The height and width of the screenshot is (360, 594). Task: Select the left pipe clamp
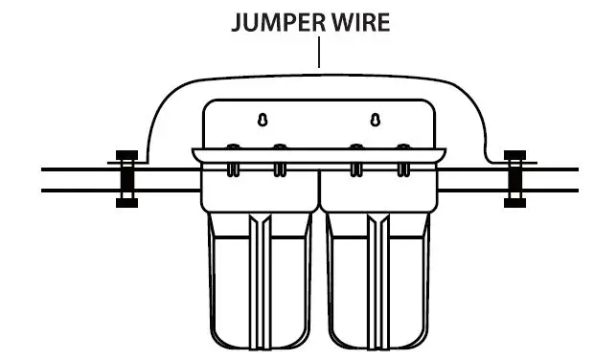pyautogui.click(x=124, y=178)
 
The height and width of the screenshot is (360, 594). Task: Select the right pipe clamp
pyautogui.click(x=516, y=178)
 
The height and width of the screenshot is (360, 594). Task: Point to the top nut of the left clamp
pyautogui.click(x=124, y=156)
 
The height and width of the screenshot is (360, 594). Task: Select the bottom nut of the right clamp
pyautogui.click(x=516, y=201)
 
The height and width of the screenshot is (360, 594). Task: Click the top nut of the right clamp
pyautogui.click(x=516, y=156)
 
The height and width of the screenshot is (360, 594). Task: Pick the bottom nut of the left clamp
pyautogui.click(x=124, y=201)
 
